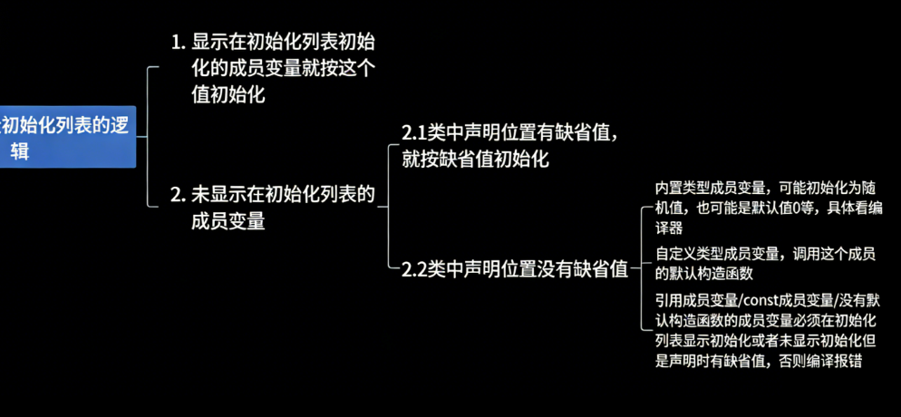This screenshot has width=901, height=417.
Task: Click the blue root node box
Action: [x=67, y=138]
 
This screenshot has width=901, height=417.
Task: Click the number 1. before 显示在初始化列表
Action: [x=179, y=42]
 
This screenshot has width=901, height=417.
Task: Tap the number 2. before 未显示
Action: [x=179, y=193]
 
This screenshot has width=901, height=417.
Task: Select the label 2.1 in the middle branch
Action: [x=414, y=133]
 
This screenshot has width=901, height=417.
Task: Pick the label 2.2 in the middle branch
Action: [x=414, y=268]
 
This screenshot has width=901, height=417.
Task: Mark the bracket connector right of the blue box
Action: [x=148, y=136]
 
